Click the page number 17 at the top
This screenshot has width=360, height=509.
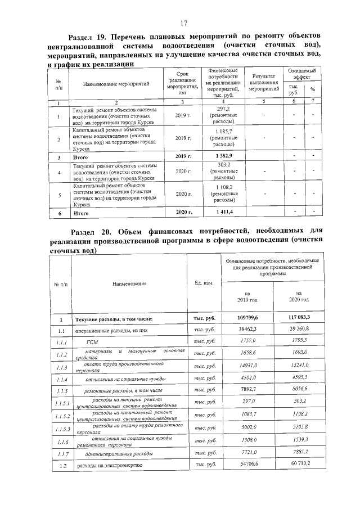pos(183,22)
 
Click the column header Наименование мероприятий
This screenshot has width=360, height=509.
pos(116,84)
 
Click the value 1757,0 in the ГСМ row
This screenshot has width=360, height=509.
pos(248,342)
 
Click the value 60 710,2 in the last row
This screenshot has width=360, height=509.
pos(299,466)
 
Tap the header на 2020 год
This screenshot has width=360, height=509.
pos(298,296)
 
